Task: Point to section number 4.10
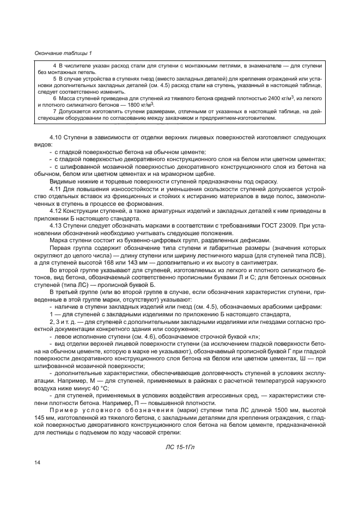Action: [57, 139]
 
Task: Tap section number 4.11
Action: [57, 188]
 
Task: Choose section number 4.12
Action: [57, 210]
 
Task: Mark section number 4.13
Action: [57, 224]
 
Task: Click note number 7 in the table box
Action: [54, 112]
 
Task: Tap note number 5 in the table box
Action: [54, 78]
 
